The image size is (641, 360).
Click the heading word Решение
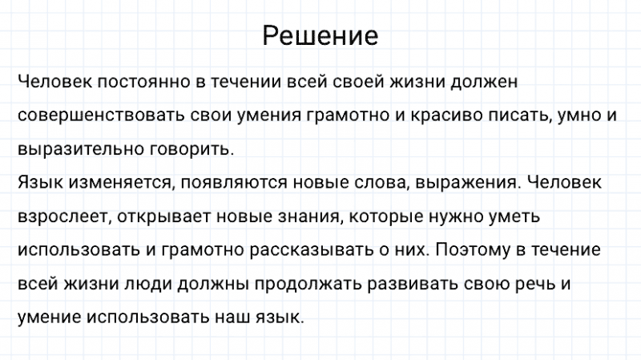click(x=320, y=36)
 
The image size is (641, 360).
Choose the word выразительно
click(x=79, y=149)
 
